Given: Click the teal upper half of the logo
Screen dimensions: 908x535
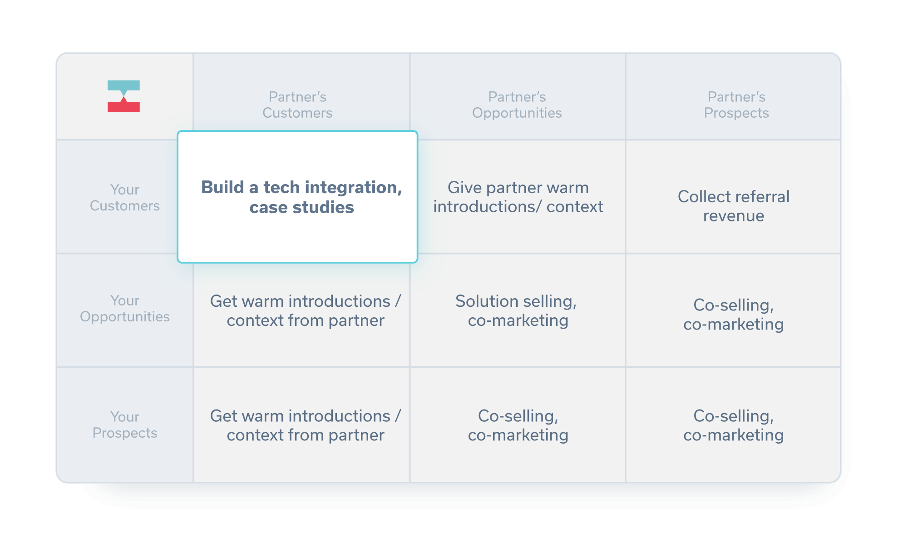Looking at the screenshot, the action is coord(123,86).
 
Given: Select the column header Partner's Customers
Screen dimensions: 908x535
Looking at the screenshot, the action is coord(297,105).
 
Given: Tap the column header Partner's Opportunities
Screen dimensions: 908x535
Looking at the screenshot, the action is coord(517,105).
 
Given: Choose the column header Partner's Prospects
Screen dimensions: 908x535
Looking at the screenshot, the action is coord(736,105).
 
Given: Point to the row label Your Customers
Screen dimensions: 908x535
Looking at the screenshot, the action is coord(125,198).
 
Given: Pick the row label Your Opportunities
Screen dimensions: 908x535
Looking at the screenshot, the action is coord(125,309).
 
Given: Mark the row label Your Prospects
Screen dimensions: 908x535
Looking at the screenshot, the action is coord(125,425).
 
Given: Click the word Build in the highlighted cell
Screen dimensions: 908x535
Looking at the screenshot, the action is coord(222,187).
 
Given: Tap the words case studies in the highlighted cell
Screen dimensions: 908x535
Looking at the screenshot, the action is coord(301,207).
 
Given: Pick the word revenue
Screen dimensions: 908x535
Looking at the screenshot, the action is coord(734,216).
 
